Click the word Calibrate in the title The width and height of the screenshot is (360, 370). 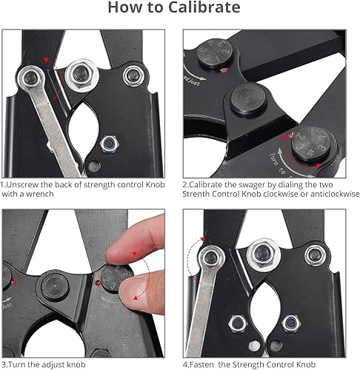205,9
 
